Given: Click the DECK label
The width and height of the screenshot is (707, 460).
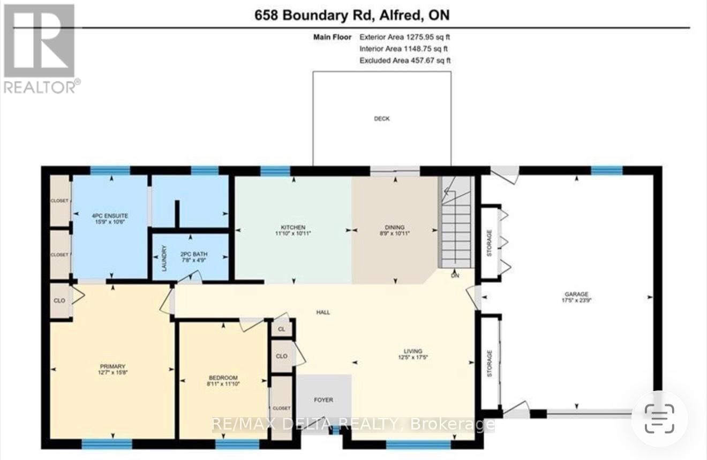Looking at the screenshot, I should pyautogui.click(x=381, y=118).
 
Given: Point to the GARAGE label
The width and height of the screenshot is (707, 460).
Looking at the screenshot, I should pyautogui.click(x=576, y=294).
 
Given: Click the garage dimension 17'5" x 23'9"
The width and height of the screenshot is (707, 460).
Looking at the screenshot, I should pyautogui.click(x=576, y=300).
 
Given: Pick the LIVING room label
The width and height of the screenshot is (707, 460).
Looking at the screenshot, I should pyautogui.click(x=413, y=351).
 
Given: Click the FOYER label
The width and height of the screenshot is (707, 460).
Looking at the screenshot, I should pyautogui.click(x=324, y=399).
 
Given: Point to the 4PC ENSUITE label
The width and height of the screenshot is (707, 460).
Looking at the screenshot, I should pyautogui.click(x=110, y=215).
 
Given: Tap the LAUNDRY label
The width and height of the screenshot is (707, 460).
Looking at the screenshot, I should pyautogui.click(x=164, y=257).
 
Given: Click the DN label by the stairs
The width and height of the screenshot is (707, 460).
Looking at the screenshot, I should pyautogui.click(x=455, y=277).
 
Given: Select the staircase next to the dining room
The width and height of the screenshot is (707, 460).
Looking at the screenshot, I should pyautogui.click(x=456, y=222).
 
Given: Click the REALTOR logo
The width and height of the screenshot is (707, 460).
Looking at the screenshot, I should pyautogui.click(x=40, y=48).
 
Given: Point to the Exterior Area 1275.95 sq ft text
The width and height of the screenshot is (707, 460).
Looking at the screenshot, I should pyautogui.click(x=404, y=37).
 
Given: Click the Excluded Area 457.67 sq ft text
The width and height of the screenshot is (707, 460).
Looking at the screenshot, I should pyautogui.click(x=404, y=61).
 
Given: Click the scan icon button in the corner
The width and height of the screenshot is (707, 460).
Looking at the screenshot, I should pyautogui.click(x=659, y=418).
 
